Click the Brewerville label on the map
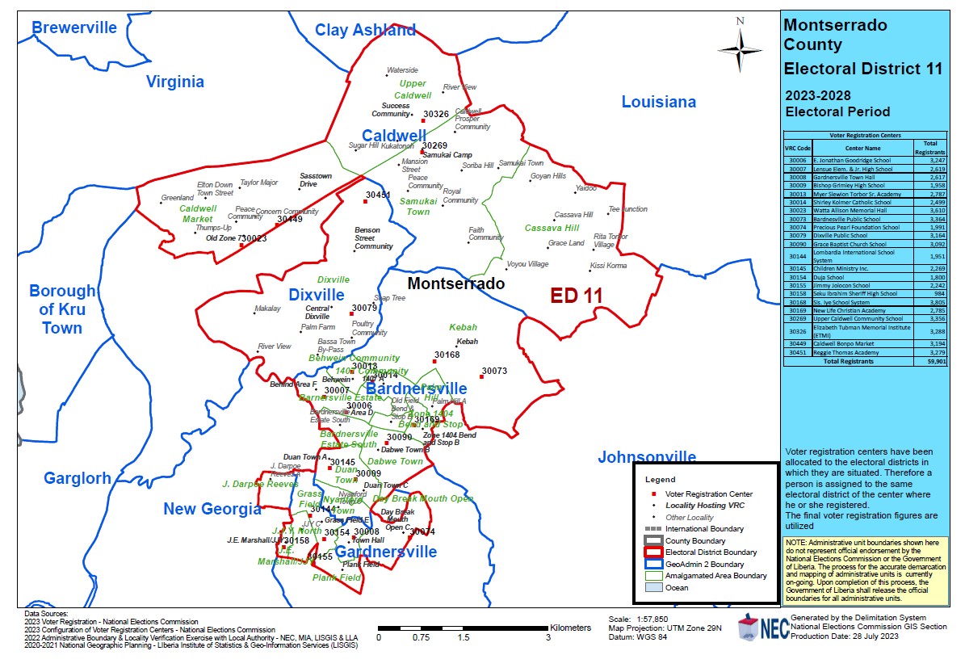click(74, 27)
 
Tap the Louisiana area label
click(658, 102)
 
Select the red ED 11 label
click(577, 296)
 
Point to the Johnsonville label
click(647, 458)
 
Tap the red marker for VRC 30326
click(423, 121)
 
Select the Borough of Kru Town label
click(62, 309)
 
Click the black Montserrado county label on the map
click(455, 283)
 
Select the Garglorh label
click(78, 478)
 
